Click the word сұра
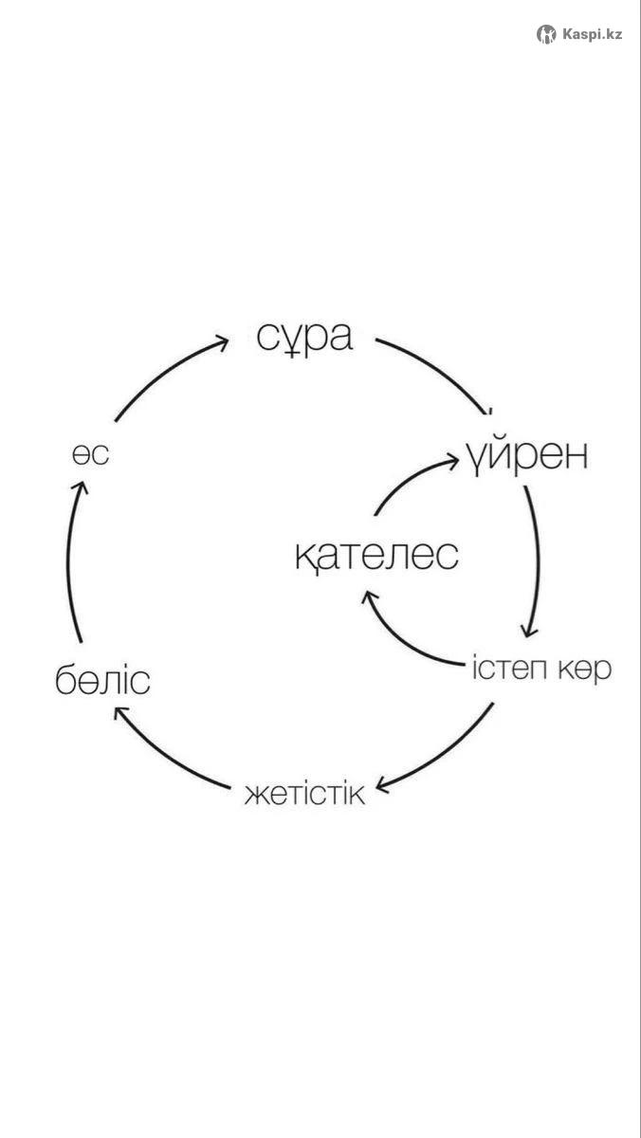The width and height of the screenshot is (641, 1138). [304, 338]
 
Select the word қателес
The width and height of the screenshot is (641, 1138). [376, 557]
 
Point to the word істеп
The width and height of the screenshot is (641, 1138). [509, 668]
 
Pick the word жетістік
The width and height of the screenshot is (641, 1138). [304, 794]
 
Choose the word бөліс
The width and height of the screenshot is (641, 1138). [102, 681]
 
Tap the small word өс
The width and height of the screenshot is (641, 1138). [90, 454]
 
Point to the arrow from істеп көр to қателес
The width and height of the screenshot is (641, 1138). [401, 641]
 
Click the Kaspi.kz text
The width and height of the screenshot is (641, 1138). [592, 34]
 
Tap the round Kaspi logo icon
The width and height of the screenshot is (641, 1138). [546, 34]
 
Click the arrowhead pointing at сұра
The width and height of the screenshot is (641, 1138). [222, 342]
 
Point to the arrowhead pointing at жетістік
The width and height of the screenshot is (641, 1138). [382, 785]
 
